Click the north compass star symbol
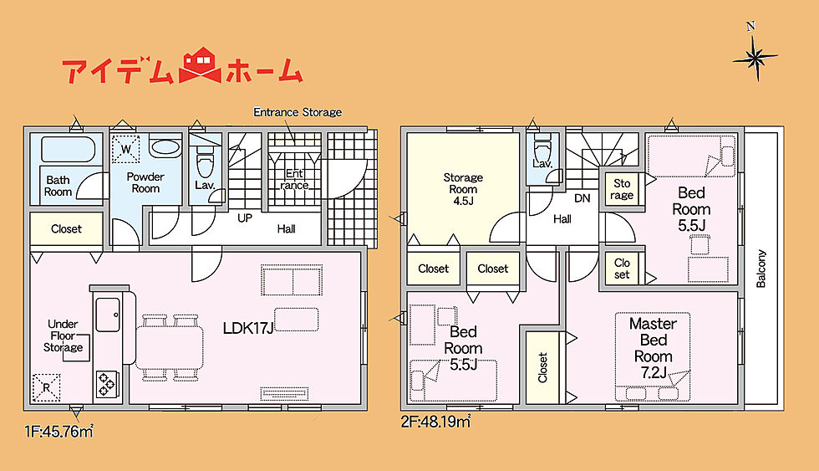[x=755, y=58]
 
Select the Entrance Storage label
[x=298, y=112]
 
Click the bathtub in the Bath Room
[x=69, y=149]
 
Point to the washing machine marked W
[x=126, y=149]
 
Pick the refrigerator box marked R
[x=47, y=388]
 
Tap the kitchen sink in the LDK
[x=108, y=315]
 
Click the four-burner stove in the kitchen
[x=107, y=384]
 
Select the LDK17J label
[x=248, y=328]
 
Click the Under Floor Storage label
[x=63, y=335]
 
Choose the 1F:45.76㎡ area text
[x=59, y=432]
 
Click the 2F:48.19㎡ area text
[x=435, y=421]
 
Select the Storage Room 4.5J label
[x=463, y=189]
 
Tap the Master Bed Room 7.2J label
[x=653, y=348]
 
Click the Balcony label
[x=761, y=269]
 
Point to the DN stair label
[x=582, y=198]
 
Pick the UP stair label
[x=244, y=218]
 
